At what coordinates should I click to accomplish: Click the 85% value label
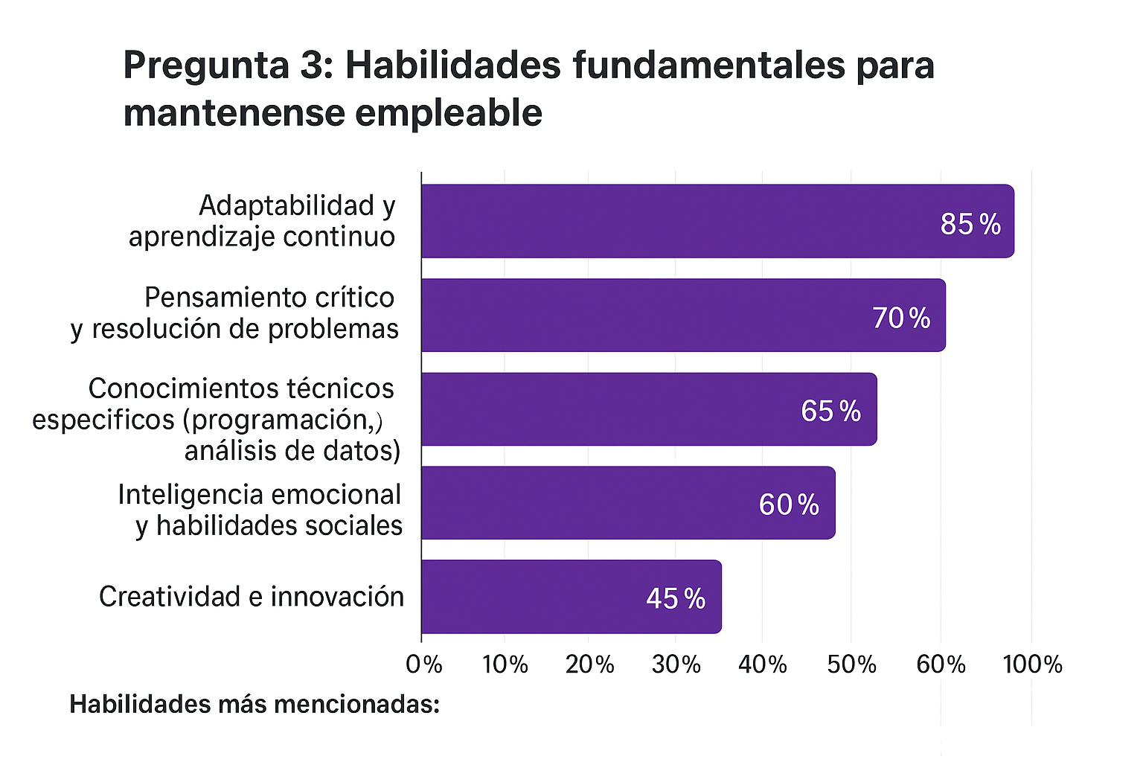pos(970,224)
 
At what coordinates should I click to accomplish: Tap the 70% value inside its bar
pos(901,318)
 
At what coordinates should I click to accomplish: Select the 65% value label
pos(830,411)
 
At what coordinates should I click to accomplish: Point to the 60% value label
pos(789,505)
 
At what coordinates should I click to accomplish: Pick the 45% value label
pos(676,598)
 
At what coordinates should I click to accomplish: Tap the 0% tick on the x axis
pos(424,664)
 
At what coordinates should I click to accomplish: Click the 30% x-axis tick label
pos(676,664)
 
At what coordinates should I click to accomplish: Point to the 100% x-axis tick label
pos(1032,664)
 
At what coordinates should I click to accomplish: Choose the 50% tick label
pos(851,664)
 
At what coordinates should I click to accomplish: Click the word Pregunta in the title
pos(206,65)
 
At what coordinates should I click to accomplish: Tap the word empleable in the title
pos(448,113)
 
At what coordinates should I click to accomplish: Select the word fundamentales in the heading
pos(709,65)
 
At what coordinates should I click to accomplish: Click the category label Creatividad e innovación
pos(252,597)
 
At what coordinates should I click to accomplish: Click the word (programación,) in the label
pos(283,420)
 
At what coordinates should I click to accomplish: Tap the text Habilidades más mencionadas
pos(254,704)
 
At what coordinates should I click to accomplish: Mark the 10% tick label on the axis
pos(505,664)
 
